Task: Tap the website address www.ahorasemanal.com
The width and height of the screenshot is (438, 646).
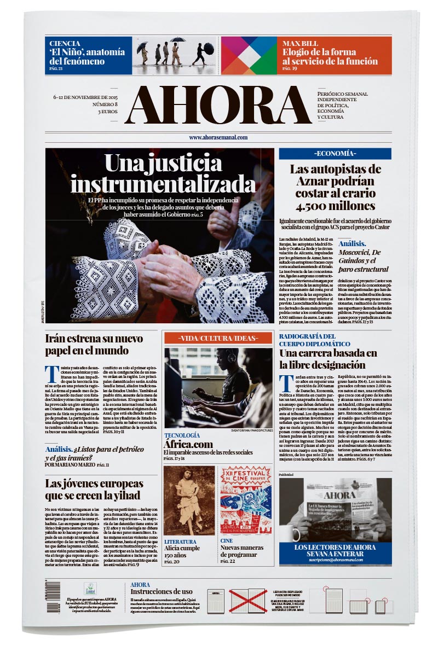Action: coord(218,138)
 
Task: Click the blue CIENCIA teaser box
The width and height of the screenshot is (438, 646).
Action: coord(88,55)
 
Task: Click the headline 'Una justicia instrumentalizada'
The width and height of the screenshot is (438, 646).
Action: coord(159,174)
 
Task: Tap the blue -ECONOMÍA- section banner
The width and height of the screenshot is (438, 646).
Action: coord(335,154)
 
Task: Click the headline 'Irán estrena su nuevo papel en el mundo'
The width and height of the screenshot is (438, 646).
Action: coord(94,344)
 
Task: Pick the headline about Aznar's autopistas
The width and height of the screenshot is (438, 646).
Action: coord(335,187)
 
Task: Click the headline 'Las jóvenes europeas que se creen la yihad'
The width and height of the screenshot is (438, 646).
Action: coord(94,489)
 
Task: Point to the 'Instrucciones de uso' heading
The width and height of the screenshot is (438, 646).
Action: coord(162,591)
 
